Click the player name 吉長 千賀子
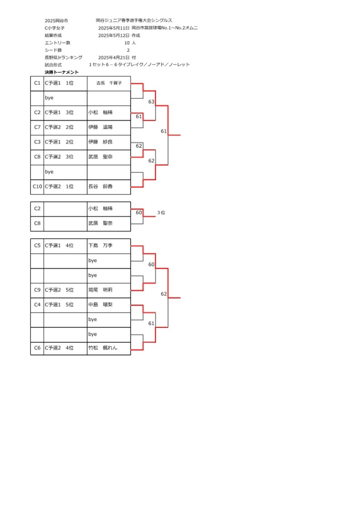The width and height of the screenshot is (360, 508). [109, 83]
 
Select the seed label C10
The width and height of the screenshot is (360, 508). [37, 187]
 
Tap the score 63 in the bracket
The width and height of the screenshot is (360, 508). [151, 102]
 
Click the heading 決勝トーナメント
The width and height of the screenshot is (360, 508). [62, 72]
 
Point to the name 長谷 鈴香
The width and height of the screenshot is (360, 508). [100, 187]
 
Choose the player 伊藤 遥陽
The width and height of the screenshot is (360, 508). [100, 127]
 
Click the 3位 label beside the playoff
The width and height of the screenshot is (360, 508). [161, 213]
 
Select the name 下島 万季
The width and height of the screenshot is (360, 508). [100, 246]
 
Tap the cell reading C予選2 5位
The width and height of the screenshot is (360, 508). [59, 290]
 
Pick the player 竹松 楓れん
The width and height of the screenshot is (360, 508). [103, 348]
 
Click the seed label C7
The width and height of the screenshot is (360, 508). [37, 127]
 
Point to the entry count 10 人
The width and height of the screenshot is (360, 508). [130, 43]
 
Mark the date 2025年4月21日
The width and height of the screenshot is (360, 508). [114, 58]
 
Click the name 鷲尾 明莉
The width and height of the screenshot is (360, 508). [100, 290]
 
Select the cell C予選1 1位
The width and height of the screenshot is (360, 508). [59, 83]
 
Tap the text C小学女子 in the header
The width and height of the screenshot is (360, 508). [55, 28]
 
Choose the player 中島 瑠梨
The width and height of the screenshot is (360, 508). [100, 305]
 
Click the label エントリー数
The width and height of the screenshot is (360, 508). [58, 43]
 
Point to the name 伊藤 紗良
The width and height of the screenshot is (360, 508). [100, 142]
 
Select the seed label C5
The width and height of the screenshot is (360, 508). [37, 246]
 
